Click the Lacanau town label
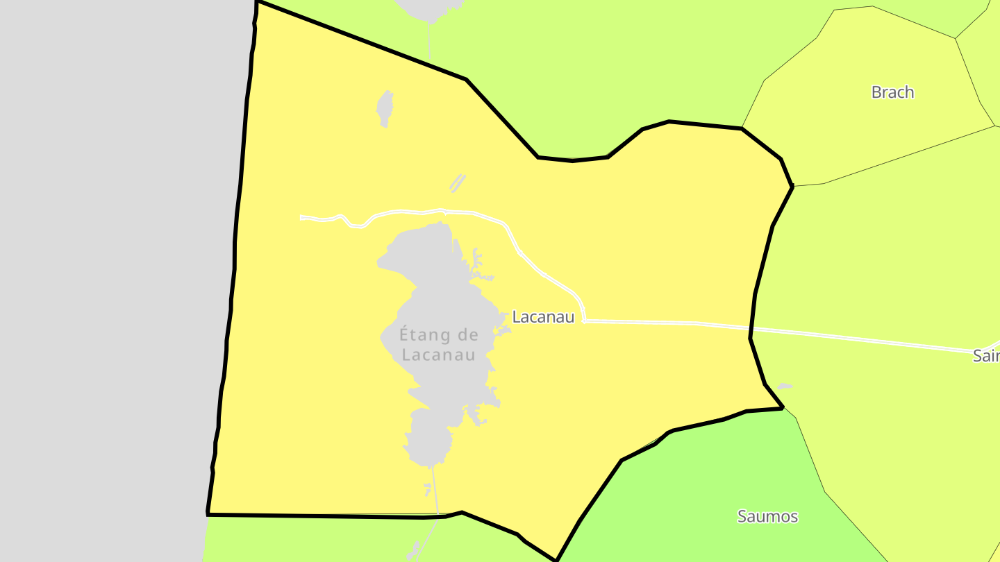(543, 317)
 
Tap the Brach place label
(892, 92)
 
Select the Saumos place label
(767, 516)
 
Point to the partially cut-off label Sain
(986, 356)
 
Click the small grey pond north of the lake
(384, 108)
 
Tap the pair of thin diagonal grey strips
(457, 183)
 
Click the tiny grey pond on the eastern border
(784, 386)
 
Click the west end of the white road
(303, 218)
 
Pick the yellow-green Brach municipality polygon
(868, 125)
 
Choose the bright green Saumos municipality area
(729, 486)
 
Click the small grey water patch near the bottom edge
(415, 550)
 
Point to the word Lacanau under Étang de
(439, 355)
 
